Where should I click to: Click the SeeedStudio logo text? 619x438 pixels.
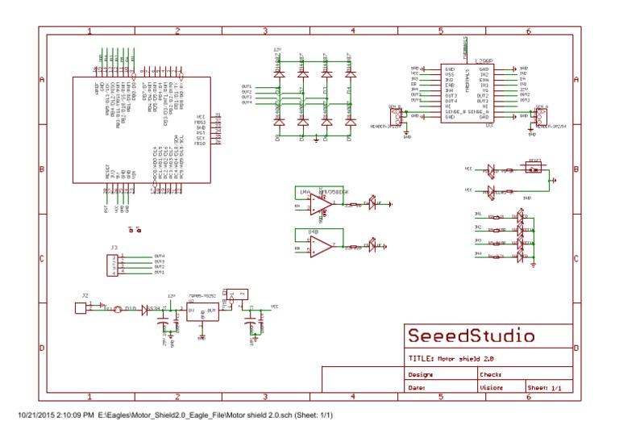(471, 336)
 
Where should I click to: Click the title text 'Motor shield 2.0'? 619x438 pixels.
(459, 357)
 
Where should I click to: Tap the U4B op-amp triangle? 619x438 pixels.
(321, 248)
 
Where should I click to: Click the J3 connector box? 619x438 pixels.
(114, 265)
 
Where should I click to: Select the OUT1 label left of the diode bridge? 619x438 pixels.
(247, 86)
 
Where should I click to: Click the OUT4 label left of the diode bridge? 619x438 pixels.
(247, 102)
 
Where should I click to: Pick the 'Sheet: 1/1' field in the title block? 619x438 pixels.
(544, 388)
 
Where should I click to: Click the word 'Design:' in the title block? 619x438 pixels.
(421, 374)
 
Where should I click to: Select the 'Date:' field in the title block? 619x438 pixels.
(417, 388)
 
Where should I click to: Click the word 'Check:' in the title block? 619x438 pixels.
(491, 374)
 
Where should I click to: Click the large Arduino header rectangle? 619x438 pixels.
(141, 129)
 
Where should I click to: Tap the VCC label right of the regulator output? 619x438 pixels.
(274, 307)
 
